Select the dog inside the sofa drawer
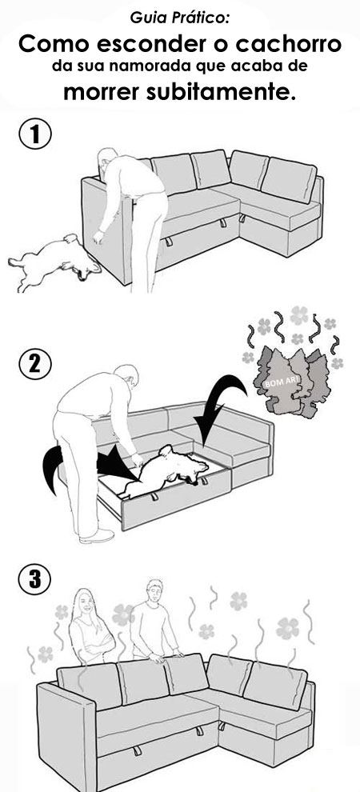[166, 470]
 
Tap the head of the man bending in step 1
[107, 161]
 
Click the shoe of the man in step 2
[97, 536]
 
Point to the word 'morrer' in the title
[102, 93]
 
